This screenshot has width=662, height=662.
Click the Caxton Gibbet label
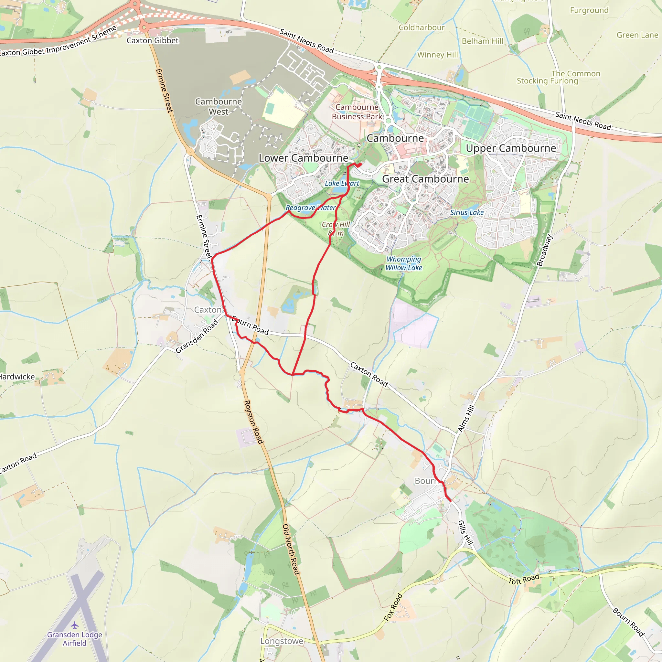pyautogui.click(x=153, y=40)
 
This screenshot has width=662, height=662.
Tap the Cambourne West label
pyautogui.click(x=218, y=107)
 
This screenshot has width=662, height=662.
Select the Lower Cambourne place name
pyautogui.click(x=303, y=158)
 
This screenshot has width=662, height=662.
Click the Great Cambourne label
pyautogui.click(x=425, y=179)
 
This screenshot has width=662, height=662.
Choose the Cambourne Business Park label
pyautogui.click(x=357, y=112)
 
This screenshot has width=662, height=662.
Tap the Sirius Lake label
pyautogui.click(x=467, y=212)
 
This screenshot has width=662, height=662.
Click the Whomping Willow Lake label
pyautogui.click(x=404, y=263)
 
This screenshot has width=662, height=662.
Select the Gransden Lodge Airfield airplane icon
pyautogui.click(x=75, y=625)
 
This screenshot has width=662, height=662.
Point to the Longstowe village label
pyautogui.click(x=282, y=641)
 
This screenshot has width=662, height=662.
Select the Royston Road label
pyautogui.click(x=253, y=422)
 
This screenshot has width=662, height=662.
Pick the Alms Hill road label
pyautogui.click(x=466, y=418)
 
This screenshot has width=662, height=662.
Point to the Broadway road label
pyautogui.click(x=544, y=250)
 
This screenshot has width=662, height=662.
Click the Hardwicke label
pyautogui.click(x=17, y=377)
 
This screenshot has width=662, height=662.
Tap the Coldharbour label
pyautogui.click(x=422, y=27)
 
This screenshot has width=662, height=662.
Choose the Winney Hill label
pyautogui.click(x=437, y=55)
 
